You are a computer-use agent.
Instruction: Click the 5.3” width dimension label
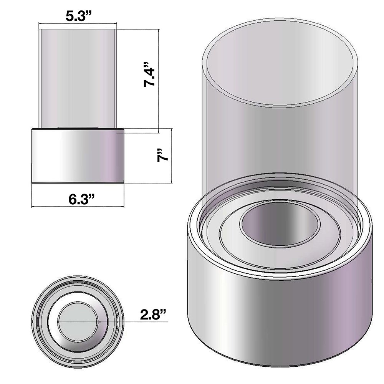78,17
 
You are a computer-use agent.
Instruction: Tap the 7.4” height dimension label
149,74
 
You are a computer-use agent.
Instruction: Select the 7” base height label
163,155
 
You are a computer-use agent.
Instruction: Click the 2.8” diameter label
153,314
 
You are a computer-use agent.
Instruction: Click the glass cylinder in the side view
78,78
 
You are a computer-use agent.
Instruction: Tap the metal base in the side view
78,155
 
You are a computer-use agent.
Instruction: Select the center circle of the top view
78,321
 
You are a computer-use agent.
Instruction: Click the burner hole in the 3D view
280,225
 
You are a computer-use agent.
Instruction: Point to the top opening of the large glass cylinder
280,63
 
